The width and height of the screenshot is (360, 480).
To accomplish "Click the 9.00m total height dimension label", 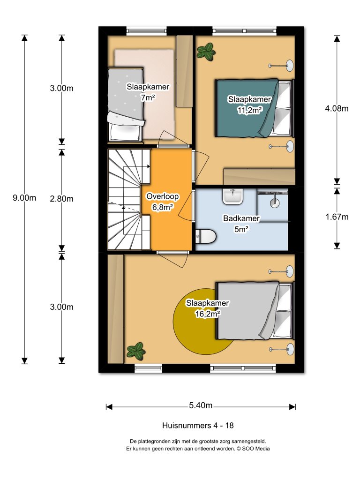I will (x=24, y=198).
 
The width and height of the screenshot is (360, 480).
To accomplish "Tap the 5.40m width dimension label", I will (x=201, y=406).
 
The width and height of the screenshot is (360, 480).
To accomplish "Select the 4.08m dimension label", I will (x=337, y=109).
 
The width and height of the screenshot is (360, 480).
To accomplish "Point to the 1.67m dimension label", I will (x=337, y=217).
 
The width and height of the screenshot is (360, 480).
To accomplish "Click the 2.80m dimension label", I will (x=61, y=199).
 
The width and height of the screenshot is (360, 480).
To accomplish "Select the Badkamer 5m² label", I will (x=241, y=223).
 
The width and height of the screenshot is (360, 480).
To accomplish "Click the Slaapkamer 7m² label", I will (x=148, y=92).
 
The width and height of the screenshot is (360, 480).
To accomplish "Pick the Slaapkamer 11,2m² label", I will (x=249, y=104).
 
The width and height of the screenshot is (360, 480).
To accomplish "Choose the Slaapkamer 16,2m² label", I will (x=207, y=308).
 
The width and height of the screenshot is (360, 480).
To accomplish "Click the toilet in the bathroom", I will (x=205, y=237).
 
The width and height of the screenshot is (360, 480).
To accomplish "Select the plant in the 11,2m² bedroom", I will (x=205, y=52).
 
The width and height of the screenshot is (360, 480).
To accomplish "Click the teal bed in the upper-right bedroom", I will (x=244, y=108).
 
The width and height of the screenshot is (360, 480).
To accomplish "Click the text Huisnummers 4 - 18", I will (x=197, y=426).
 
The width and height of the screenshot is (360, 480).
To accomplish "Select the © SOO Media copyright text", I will (x=253, y=449).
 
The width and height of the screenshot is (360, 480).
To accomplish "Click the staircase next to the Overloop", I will (x=124, y=199).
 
